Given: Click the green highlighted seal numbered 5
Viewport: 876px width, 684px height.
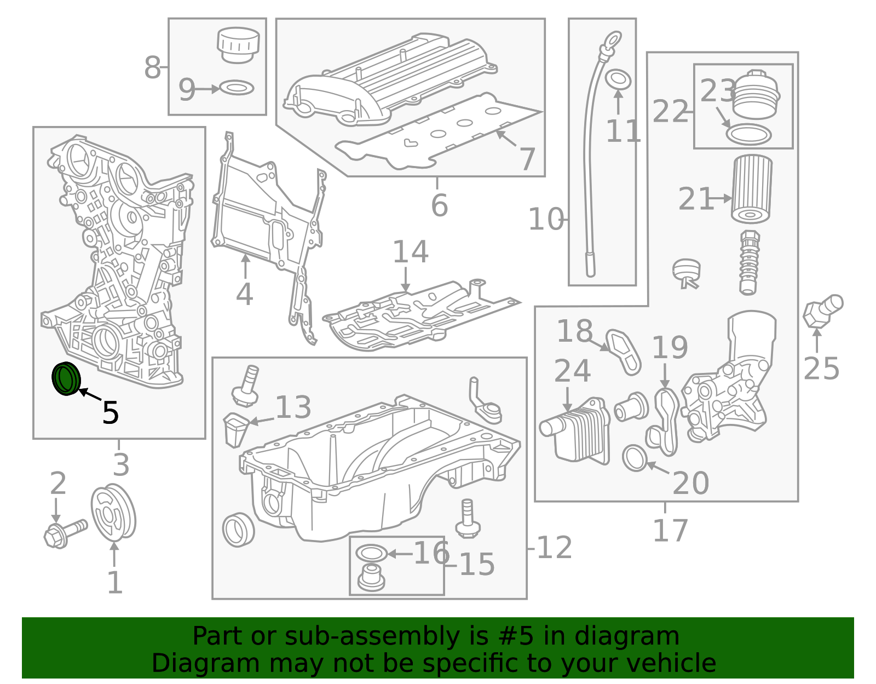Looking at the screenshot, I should pyautogui.click(x=66, y=378).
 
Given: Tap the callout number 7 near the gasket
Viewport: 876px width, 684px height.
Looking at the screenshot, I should pyautogui.click(x=527, y=159).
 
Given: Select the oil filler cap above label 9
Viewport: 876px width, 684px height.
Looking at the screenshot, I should pyautogui.click(x=238, y=44).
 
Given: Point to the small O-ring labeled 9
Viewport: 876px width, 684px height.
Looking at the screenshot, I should pyautogui.click(x=237, y=88).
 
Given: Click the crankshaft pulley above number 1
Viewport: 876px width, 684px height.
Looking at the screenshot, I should pyautogui.click(x=113, y=513).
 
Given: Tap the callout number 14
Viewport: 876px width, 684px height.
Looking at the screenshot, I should pyautogui.click(x=410, y=252).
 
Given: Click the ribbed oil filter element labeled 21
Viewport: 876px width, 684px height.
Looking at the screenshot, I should pyautogui.click(x=751, y=188).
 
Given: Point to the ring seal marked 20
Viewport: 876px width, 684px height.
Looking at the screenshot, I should pyautogui.click(x=635, y=458).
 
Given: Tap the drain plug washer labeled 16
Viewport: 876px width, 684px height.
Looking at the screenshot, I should pyautogui.click(x=371, y=553).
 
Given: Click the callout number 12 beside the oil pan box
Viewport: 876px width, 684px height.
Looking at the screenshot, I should pyautogui.click(x=554, y=548).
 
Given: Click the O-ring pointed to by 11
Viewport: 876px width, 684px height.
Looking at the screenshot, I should pyautogui.click(x=619, y=79).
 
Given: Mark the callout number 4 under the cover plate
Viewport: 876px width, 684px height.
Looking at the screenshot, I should pyautogui.click(x=244, y=295).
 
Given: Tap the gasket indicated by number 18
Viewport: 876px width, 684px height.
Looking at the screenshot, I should pyautogui.click(x=624, y=351).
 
